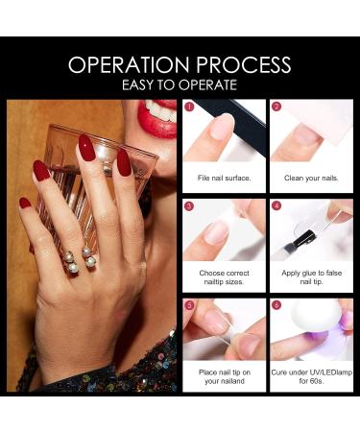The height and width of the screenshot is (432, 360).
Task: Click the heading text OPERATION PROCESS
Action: [x=180, y=64]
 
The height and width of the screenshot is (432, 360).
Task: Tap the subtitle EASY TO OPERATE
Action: [x=180, y=84]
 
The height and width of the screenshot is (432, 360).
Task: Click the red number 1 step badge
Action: [x=190, y=108]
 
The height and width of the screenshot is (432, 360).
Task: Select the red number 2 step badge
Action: [x=276, y=108]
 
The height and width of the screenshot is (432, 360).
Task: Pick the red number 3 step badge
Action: [x=190, y=204]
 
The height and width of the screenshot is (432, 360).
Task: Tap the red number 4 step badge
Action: [x=276, y=204]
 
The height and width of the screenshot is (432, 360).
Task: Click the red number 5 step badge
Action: [x=190, y=305]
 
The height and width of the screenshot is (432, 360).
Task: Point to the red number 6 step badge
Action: [x=276, y=305]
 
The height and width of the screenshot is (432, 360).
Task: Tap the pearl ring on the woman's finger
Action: [x=77, y=259]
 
